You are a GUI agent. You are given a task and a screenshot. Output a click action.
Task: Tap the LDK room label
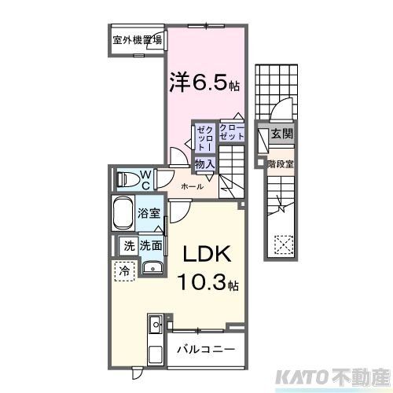tap(207, 255)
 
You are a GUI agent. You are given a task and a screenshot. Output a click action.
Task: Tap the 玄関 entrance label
tap(281, 134)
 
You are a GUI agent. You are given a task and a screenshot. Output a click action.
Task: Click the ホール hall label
tap(192, 186)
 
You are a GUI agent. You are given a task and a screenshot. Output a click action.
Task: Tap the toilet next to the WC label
tap(127, 179)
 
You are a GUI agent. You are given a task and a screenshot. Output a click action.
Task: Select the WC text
tap(145, 179)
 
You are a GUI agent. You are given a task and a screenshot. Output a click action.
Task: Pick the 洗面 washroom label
tap(152, 245)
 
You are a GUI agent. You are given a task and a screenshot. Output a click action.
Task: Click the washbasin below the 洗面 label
tap(152, 268)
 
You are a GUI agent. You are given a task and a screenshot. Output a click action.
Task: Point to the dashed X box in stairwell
tap(281, 244)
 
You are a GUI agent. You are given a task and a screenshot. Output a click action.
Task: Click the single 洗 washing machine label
tap(128, 245)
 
